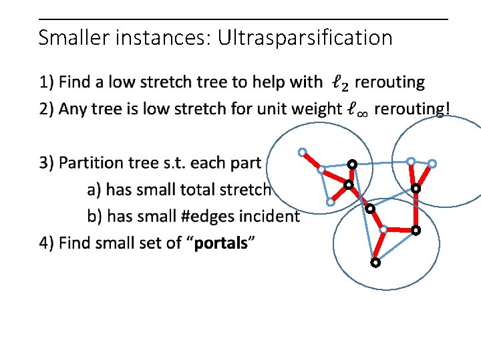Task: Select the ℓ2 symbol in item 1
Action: [x=339, y=84]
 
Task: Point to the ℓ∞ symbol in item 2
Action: [x=357, y=109]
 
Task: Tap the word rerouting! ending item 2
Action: [x=412, y=109]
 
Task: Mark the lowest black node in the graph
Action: [x=375, y=263]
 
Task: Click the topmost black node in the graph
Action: [x=351, y=164]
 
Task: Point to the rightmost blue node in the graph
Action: [x=432, y=163]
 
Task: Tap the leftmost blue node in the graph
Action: [x=302, y=152]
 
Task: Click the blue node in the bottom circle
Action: [x=383, y=229]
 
